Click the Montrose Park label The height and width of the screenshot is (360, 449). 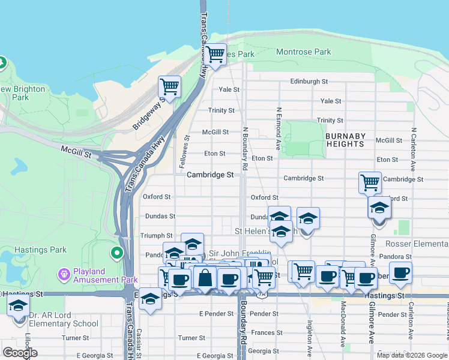click(x=303, y=52)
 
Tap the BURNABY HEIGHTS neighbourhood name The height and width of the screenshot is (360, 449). click(x=345, y=140)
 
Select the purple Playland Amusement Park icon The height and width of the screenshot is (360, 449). click(x=64, y=274)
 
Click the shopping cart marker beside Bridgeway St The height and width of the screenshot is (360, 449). click(x=170, y=86)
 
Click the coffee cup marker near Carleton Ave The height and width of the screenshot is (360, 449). click(x=400, y=273)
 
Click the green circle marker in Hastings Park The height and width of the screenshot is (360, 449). click(x=118, y=253)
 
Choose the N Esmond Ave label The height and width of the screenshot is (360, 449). click(x=279, y=129)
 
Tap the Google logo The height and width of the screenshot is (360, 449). click(x=20, y=353)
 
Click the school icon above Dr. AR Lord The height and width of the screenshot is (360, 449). click(x=18, y=306)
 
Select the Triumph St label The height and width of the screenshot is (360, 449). click(x=156, y=236)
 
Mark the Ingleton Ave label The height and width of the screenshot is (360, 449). click(x=310, y=337)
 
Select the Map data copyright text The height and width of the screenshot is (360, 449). click(x=412, y=355)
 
